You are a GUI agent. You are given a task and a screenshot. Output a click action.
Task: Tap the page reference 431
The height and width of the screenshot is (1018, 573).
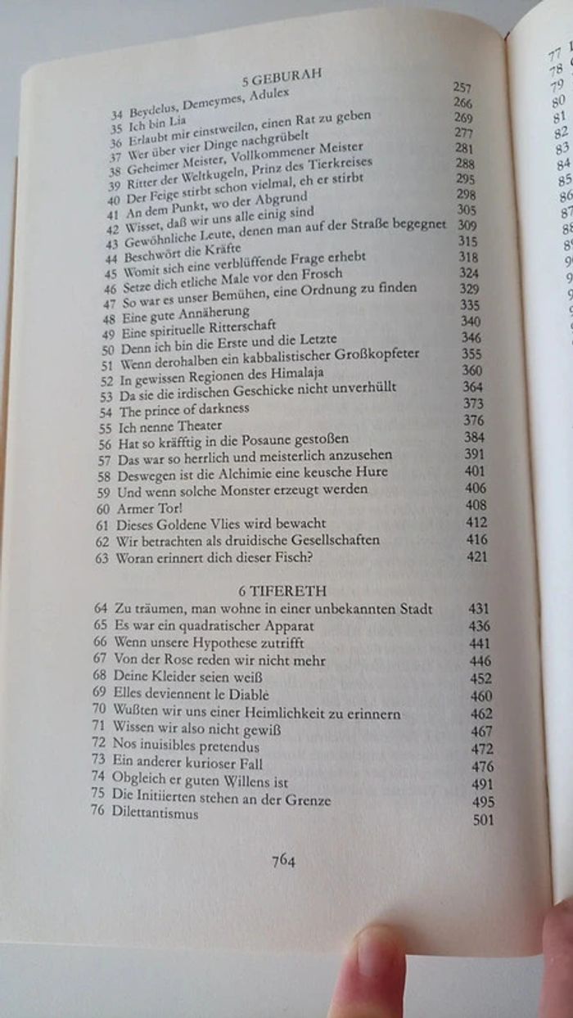click(480, 610)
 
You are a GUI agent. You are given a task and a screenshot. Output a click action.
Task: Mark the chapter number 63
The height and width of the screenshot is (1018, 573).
click(102, 558)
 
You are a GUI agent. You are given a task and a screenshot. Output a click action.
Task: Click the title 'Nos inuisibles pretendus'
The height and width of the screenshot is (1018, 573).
click(186, 747)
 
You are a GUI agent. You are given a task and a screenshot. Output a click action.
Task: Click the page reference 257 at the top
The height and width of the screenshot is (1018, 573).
click(462, 87)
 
